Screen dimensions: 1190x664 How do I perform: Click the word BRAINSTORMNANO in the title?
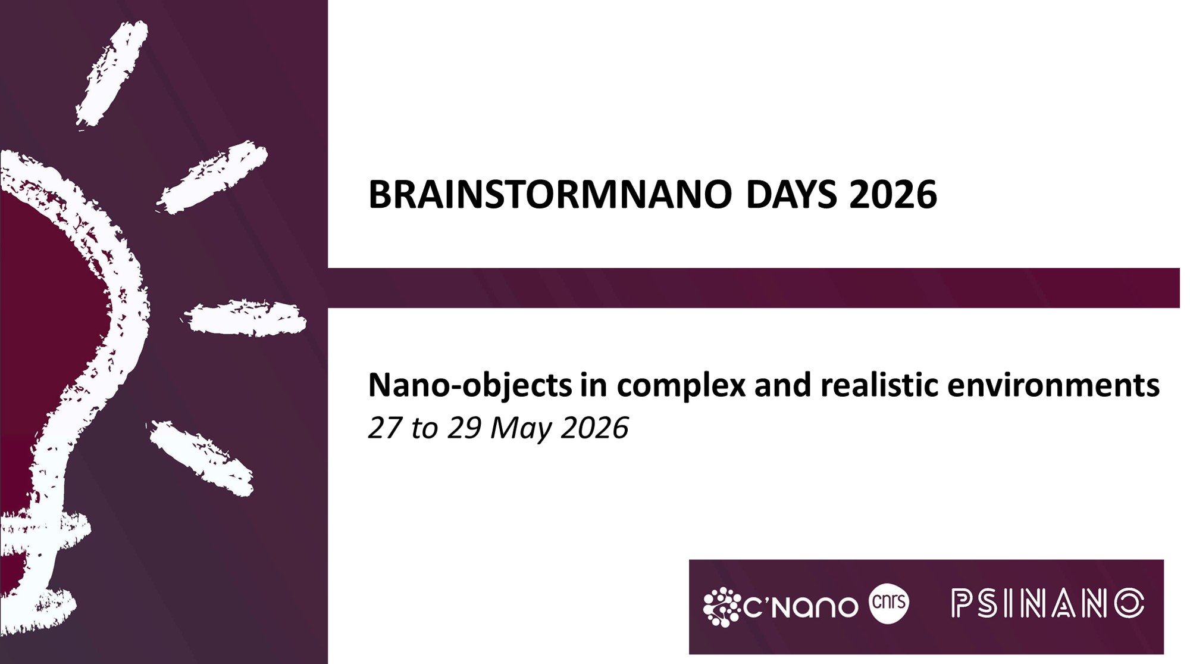(x=550, y=195)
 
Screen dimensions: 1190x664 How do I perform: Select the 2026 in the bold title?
(x=893, y=195)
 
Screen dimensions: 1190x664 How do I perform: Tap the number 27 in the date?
(x=386, y=428)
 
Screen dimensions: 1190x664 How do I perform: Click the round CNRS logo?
(x=889, y=603)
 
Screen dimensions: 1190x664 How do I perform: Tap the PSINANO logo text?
(x=1048, y=603)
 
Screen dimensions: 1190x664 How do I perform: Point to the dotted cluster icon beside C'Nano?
(x=721, y=607)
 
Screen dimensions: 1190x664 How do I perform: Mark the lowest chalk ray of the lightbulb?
(x=201, y=457)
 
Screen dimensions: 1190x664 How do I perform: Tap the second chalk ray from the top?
(x=212, y=177)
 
